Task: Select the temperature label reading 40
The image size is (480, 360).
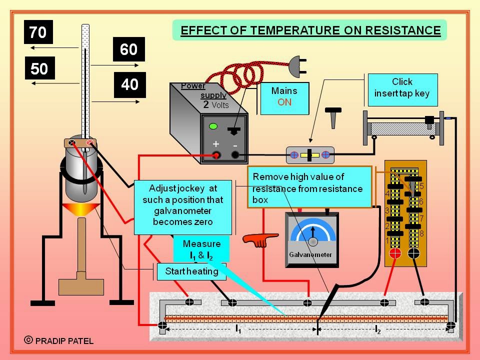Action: point(129,84)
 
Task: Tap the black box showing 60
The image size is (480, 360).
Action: point(128,49)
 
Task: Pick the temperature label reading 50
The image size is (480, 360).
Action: point(39,68)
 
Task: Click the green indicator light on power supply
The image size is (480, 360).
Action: point(213,126)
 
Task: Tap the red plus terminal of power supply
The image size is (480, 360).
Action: point(216,155)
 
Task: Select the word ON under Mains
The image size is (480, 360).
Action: point(284,102)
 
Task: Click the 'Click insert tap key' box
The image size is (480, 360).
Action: point(402,87)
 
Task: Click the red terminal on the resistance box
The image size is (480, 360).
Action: point(395,253)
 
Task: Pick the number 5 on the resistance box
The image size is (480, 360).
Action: point(421,186)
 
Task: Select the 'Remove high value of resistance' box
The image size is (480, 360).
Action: point(309,188)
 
